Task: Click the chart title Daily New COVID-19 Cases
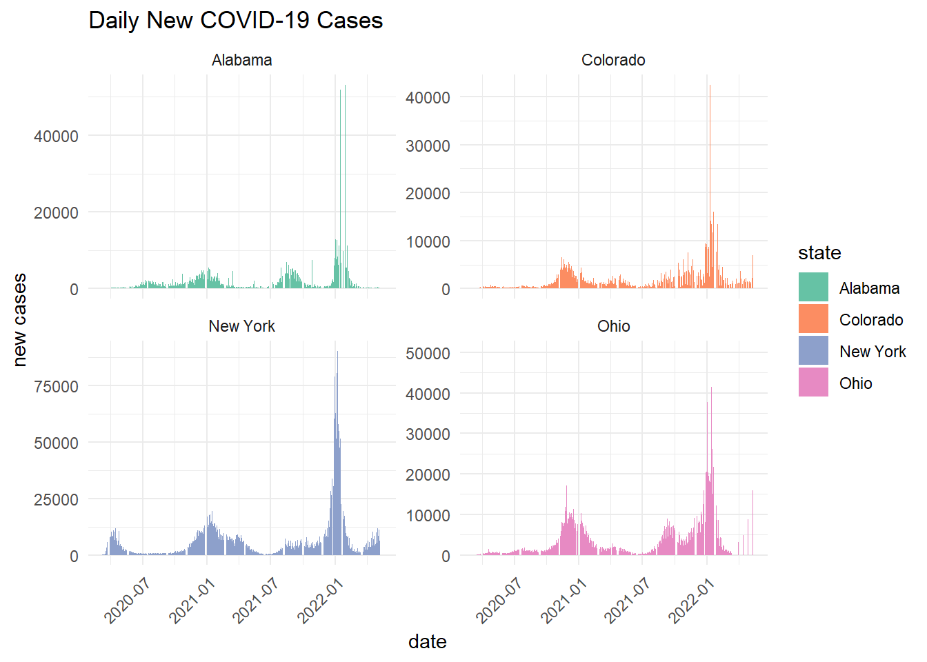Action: pos(235,21)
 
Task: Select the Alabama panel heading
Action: pos(241,61)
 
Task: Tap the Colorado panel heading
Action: pos(613,61)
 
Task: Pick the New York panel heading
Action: pos(241,327)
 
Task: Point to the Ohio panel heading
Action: pos(613,327)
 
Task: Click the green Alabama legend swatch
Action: pos(813,288)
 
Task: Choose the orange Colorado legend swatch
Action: pos(813,319)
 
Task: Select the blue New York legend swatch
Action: pos(813,351)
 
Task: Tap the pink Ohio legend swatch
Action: pos(813,383)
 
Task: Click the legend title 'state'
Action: pos(819,253)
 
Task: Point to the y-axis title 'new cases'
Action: pos(20,320)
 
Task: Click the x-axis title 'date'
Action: pos(427,642)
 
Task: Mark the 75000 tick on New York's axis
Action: pos(56,387)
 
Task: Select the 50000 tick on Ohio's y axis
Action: pos(428,354)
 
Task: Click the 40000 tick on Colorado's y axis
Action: pos(428,98)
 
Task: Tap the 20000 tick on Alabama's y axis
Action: pos(56,213)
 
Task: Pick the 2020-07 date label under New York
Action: pos(128,601)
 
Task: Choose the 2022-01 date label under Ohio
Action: pos(692,601)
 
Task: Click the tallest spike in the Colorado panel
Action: pos(710,86)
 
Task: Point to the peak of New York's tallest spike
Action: pos(337,352)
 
